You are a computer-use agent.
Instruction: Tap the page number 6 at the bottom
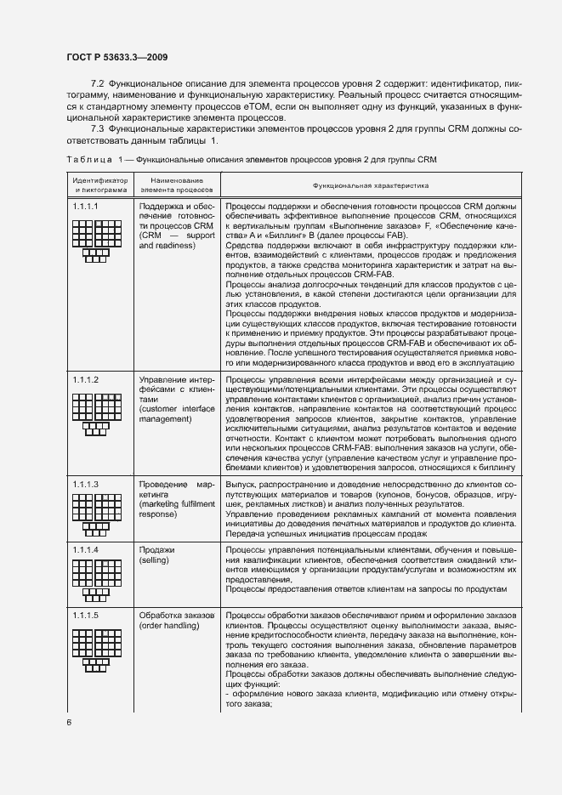coord(69,722)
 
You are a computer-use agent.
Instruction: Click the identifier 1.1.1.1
coord(86,207)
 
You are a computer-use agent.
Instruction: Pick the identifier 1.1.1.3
coord(86,484)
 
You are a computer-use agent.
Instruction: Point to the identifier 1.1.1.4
coord(86,550)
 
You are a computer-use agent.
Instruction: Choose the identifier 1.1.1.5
coord(86,615)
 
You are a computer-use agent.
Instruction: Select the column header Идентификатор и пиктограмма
coord(99,185)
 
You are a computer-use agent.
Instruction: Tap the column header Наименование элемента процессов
coord(176,185)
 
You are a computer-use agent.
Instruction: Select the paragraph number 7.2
coord(97,85)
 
